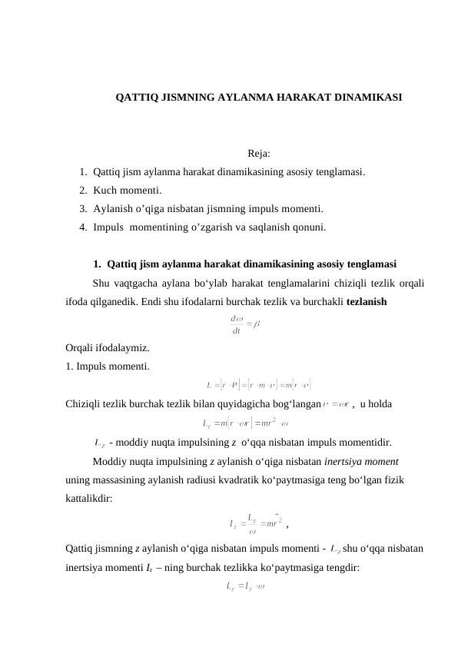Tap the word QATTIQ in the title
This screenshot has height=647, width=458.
tap(134, 98)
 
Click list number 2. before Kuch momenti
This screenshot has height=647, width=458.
tap(83, 191)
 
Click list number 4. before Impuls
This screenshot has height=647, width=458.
tap(83, 227)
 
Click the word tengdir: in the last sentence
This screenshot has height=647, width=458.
tap(339, 569)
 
